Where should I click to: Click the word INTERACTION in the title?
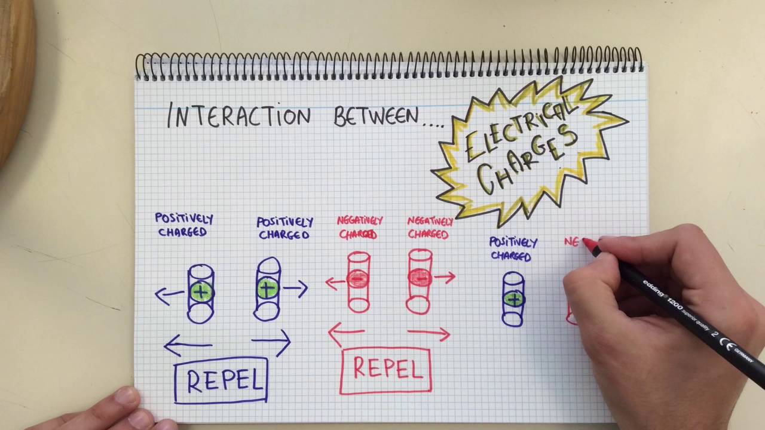239,115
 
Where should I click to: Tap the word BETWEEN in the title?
376,116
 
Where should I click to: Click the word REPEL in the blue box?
225,380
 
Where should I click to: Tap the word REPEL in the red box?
388,368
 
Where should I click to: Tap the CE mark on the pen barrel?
727,343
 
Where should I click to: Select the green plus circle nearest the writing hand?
514,299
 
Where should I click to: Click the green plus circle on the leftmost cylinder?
202,292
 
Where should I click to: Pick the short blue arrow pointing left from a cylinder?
170,296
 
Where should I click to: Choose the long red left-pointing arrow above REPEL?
347,333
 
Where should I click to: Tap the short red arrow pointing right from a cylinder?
445,278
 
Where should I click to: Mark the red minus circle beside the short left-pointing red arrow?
357,279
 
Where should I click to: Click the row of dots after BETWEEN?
434,125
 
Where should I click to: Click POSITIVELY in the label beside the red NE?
513,242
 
